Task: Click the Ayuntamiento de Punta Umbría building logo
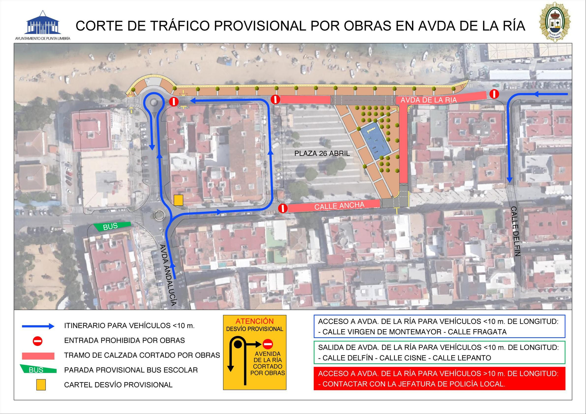pyautogui.click(x=43, y=23)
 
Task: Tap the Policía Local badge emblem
pyautogui.click(x=555, y=22)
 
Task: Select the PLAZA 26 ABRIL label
pyautogui.click(x=322, y=154)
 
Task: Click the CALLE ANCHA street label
pyautogui.click(x=339, y=206)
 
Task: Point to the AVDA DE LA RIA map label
pyautogui.click(x=429, y=100)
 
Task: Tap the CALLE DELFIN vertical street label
pyautogui.click(x=515, y=231)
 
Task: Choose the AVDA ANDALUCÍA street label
pyautogui.click(x=168, y=275)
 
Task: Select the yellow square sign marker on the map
pyautogui.click(x=178, y=200)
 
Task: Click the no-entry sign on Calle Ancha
pyautogui.click(x=283, y=208)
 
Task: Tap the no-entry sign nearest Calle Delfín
pyautogui.click(x=494, y=94)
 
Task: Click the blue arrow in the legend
pyautogui.click(x=38, y=326)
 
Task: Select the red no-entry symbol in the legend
pyautogui.click(x=38, y=341)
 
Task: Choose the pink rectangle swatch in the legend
pyautogui.click(x=38, y=356)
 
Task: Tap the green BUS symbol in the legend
pyautogui.click(x=38, y=369)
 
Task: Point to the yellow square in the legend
pyautogui.click(x=41, y=385)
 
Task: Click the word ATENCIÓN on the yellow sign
pyautogui.click(x=255, y=321)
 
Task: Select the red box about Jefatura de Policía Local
pyautogui.click(x=439, y=379)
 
